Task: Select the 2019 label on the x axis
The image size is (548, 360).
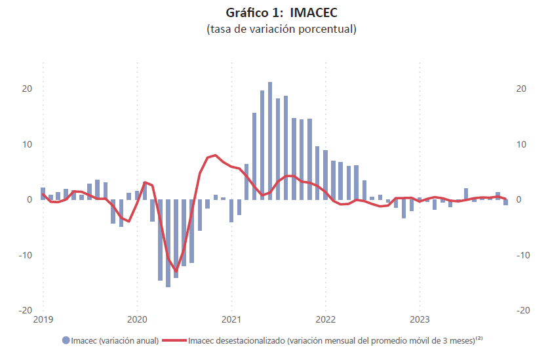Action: [43, 320]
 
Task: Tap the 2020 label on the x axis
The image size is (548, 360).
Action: [137, 320]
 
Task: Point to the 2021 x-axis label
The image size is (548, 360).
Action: [231, 320]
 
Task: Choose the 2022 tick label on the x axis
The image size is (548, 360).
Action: [325, 320]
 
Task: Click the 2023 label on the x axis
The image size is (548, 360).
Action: [420, 320]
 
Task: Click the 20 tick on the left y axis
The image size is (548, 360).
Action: [27, 89]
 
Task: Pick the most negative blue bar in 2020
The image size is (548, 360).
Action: [168, 243]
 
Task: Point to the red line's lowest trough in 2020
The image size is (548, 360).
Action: [176, 270]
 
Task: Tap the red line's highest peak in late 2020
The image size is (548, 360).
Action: [215, 155]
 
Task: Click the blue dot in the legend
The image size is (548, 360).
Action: [66, 340]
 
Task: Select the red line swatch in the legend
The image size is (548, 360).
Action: [173, 340]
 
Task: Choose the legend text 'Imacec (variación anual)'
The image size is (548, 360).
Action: [115, 340]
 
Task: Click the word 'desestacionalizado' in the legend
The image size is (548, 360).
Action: [252, 340]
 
